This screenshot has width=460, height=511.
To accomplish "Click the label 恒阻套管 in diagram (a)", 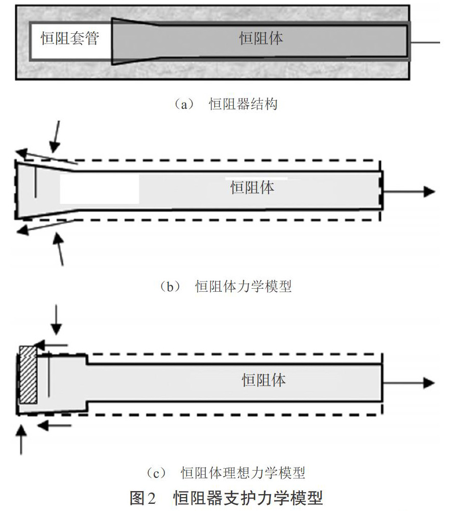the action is (x=70, y=38).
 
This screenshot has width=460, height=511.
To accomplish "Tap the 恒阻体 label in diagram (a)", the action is (x=261, y=38).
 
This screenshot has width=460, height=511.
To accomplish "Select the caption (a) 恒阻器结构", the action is (x=226, y=104).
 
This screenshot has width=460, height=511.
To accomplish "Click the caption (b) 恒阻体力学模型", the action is (x=226, y=287).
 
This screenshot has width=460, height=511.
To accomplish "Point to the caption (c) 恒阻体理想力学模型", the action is (x=226, y=473).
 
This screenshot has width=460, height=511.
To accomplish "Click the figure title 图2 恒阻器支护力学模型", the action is (x=226, y=498).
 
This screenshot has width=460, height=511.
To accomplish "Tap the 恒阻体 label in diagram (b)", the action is (x=252, y=188).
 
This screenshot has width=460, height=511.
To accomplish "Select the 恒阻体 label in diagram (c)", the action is (x=263, y=380).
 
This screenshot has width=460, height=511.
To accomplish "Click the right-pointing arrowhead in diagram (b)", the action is (x=429, y=191).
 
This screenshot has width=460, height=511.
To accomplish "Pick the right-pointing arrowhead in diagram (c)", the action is (x=429, y=383).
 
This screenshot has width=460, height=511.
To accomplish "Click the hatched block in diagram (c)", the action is (x=28, y=375).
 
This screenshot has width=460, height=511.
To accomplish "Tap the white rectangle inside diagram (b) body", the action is (x=99, y=190).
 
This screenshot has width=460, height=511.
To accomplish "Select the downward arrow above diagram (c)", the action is (x=56, y=320).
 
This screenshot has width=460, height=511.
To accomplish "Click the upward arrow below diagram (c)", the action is (x=21, y=440).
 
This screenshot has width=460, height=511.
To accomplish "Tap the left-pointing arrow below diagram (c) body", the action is (x=54, y=425).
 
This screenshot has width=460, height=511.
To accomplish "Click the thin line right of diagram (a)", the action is (x=425, y=42).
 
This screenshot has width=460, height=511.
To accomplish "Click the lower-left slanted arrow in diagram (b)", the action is (x=45, y=226).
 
